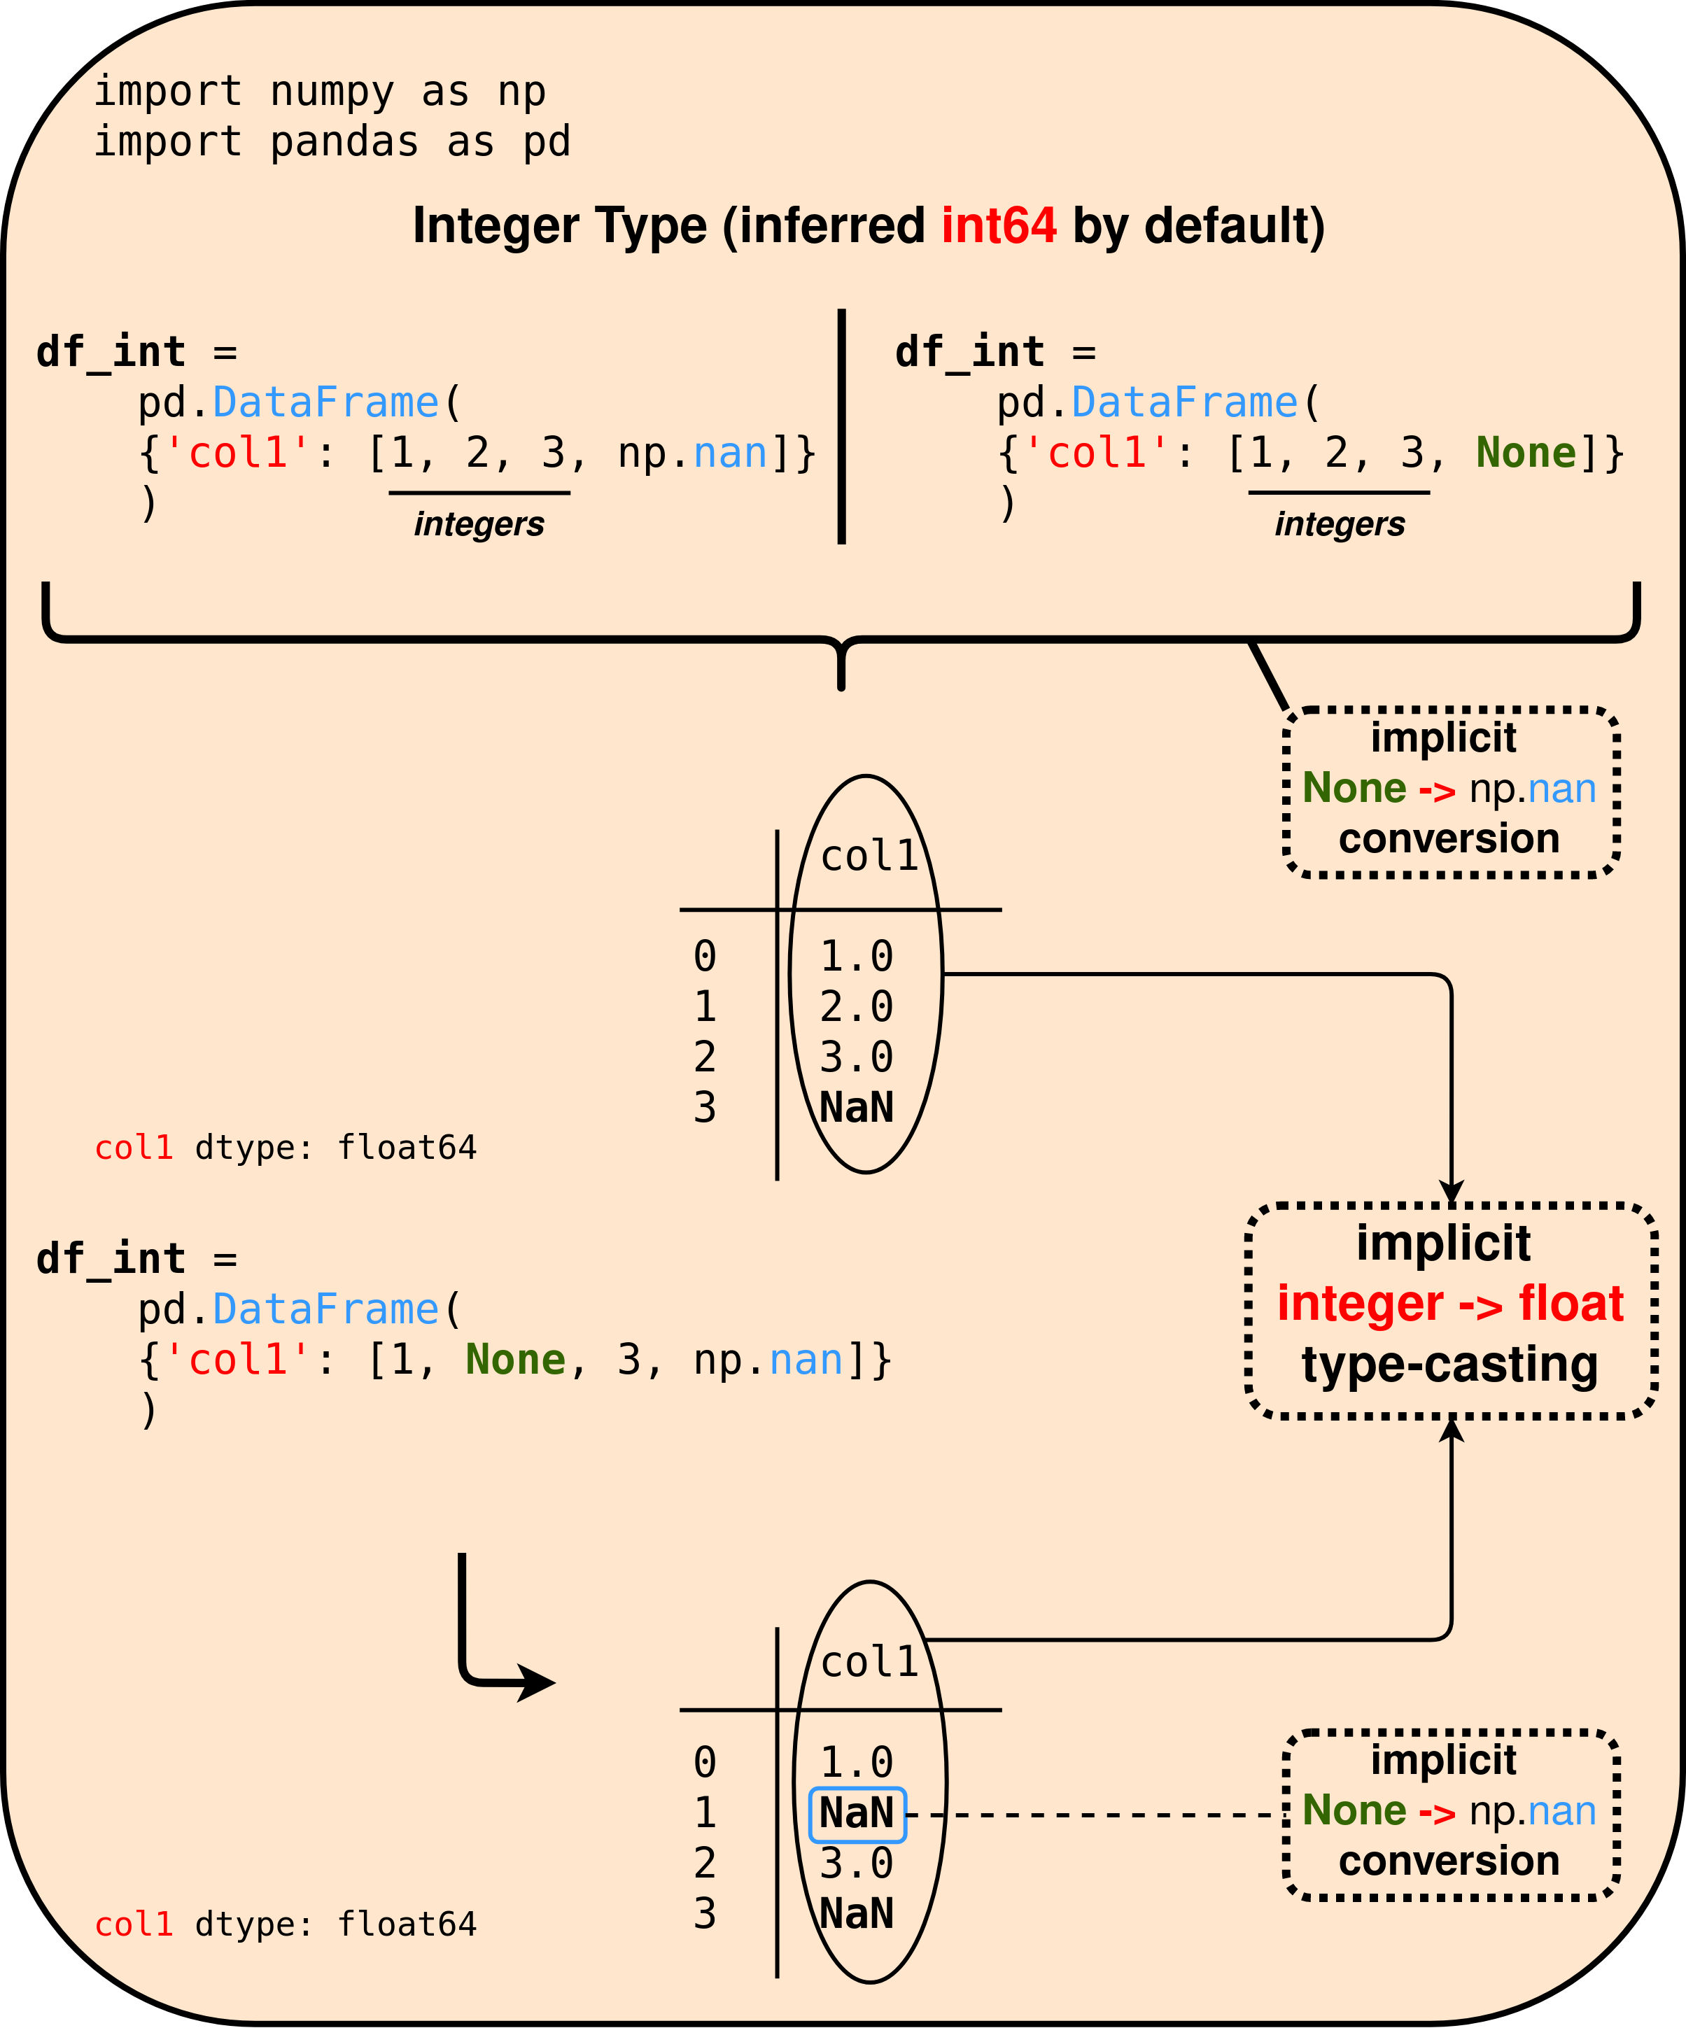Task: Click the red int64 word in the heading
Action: coord(999,226)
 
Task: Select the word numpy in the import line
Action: coord(332,92)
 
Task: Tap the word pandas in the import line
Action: coord(344,143)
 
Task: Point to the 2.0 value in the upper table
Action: coord(857,1007)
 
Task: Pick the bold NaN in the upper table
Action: coord(857,1108)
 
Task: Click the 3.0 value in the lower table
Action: coord(857,1864)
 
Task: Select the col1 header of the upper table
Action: coord(869,857)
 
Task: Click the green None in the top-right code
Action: coord(1526,453)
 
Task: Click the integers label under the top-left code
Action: coord(479,524)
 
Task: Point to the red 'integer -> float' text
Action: coord(1450,1304)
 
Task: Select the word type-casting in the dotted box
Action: coord(1449,1365)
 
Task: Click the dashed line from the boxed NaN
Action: coord(1091,1815)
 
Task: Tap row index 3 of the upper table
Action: coord(705,1108)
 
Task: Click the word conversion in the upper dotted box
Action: coord(1449,838)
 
